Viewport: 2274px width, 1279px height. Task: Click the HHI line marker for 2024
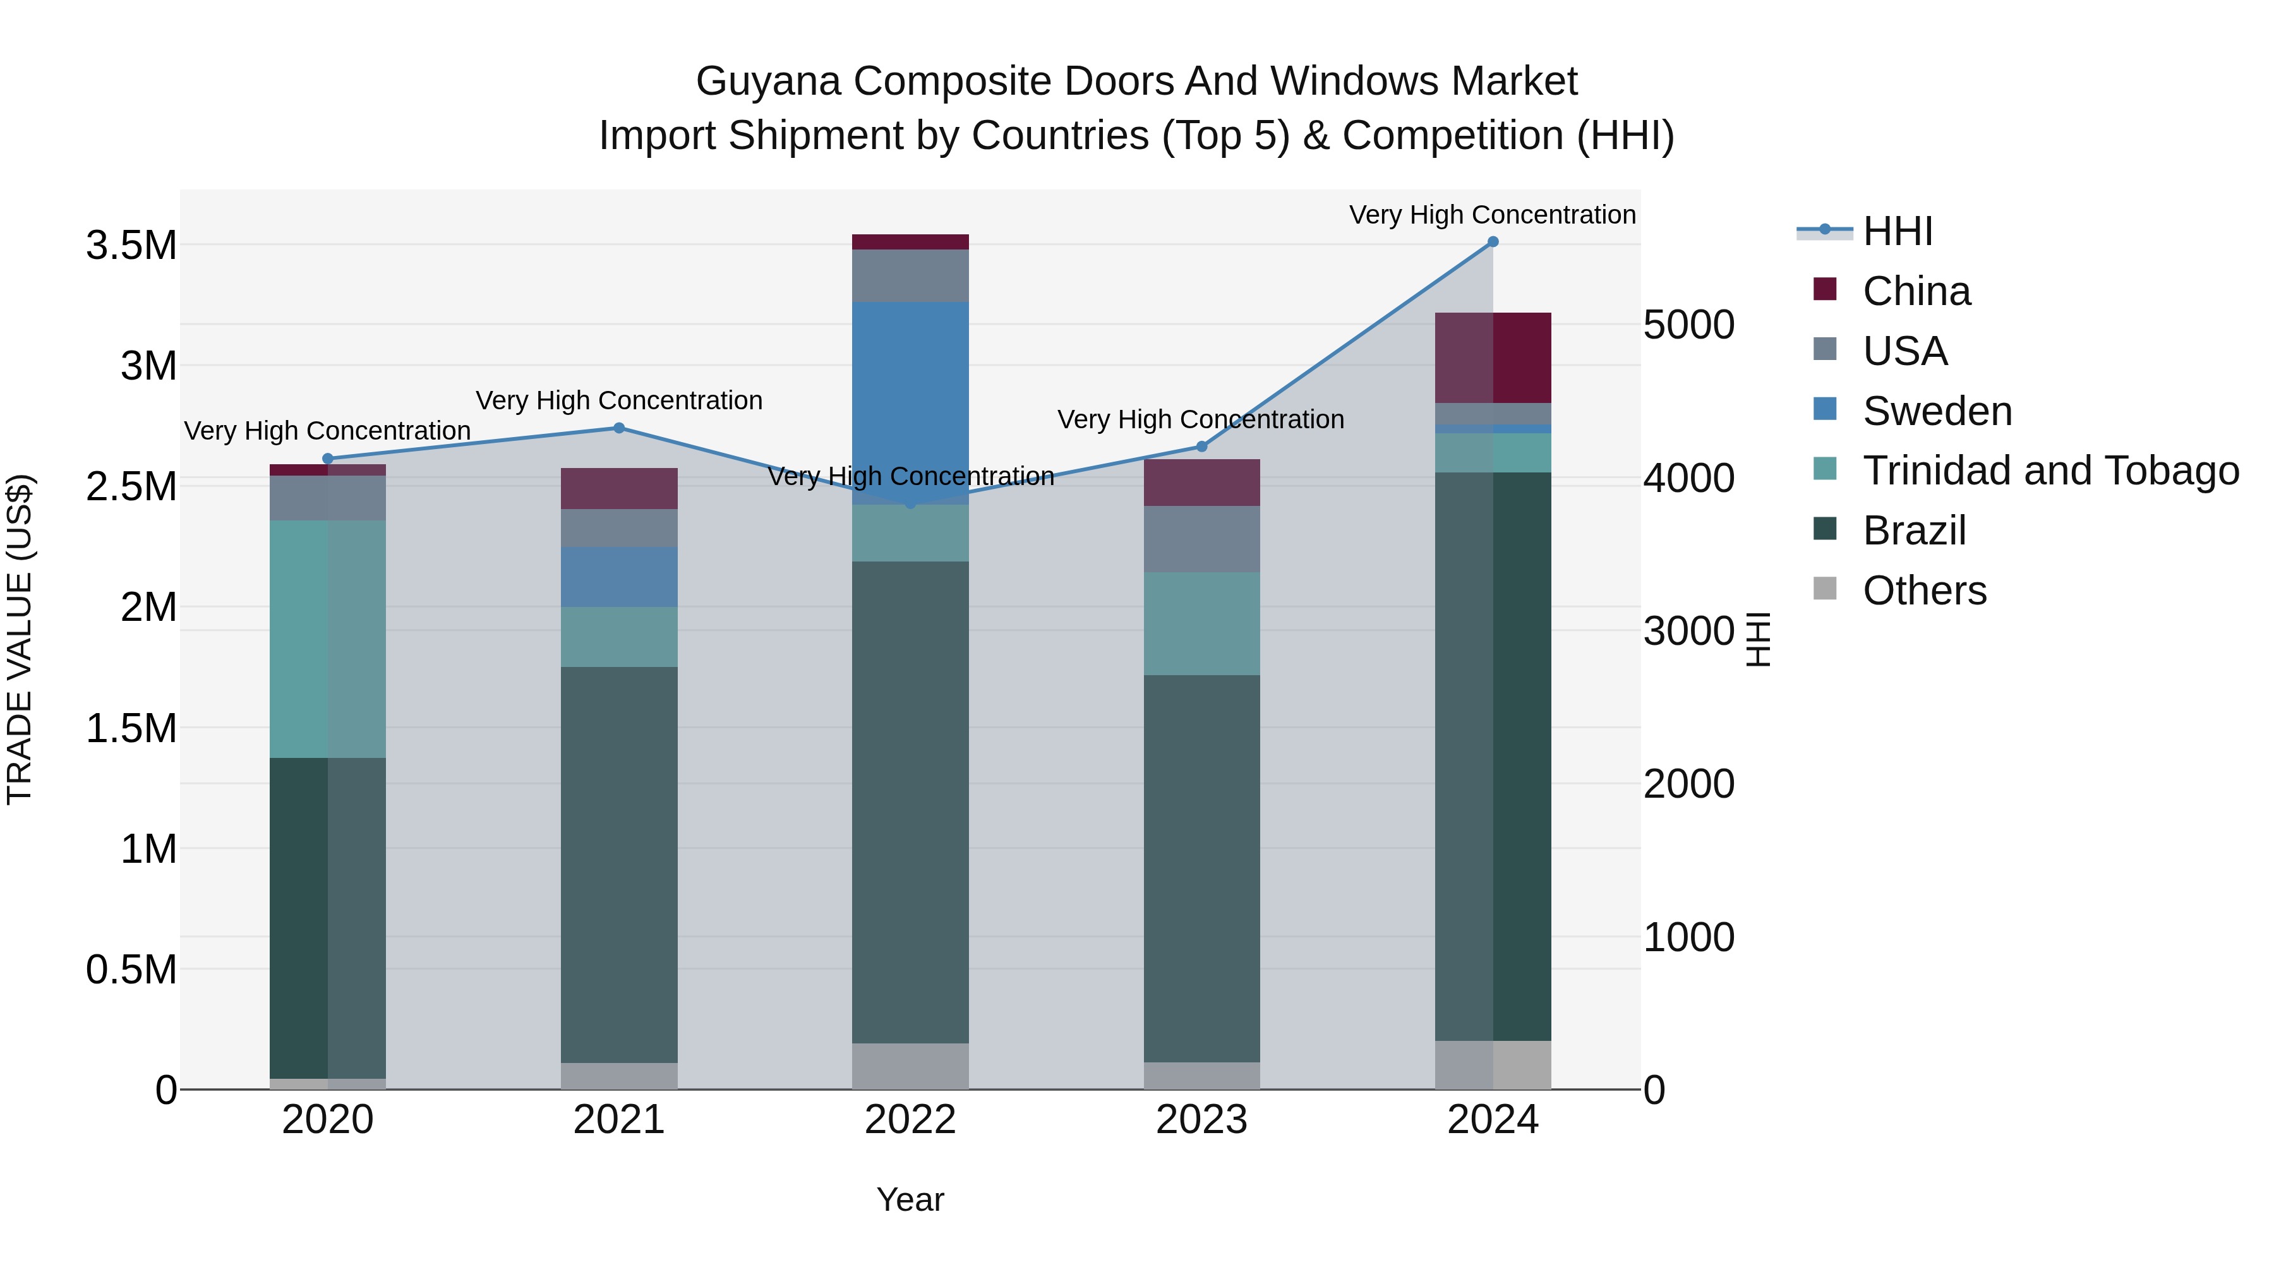point(1493,242)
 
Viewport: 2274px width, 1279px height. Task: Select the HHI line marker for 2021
point(619,428)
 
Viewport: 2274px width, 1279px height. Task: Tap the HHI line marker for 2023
point(1201,447)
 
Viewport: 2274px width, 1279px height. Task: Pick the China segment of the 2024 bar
point(1493,357)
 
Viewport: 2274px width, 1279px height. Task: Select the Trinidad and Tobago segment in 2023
point(1201,623)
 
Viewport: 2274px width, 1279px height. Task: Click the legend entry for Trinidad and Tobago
point(2050,471)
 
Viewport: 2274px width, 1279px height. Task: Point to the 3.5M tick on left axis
point(131,246)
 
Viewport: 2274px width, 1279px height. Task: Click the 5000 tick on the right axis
point(1688,325)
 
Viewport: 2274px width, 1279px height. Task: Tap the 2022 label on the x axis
point(910,1120)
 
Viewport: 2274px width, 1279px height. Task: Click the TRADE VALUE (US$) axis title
point(20,639)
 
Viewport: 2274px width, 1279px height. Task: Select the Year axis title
point(910,1199)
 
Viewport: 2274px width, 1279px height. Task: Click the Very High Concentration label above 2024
point(1492,215)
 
